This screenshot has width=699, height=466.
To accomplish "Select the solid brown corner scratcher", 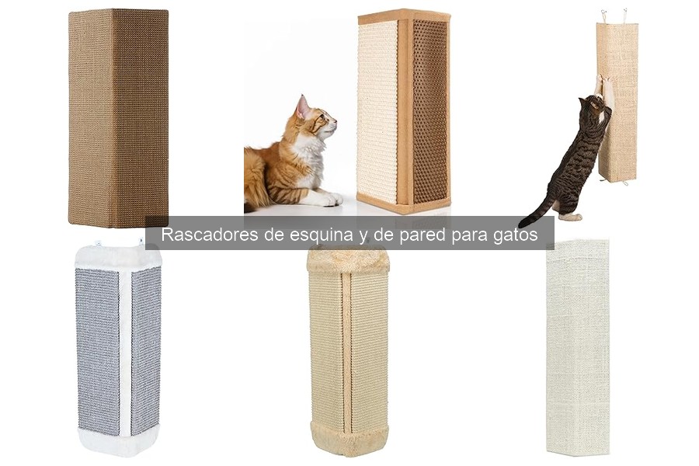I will pos(118,116).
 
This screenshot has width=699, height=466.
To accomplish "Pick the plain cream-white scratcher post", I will pos(577,346).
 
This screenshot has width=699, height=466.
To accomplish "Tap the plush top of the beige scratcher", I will pos(347,259).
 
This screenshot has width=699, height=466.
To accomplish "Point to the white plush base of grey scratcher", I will pos(118,440).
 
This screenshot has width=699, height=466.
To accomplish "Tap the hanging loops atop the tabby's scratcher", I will pos(614,15).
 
